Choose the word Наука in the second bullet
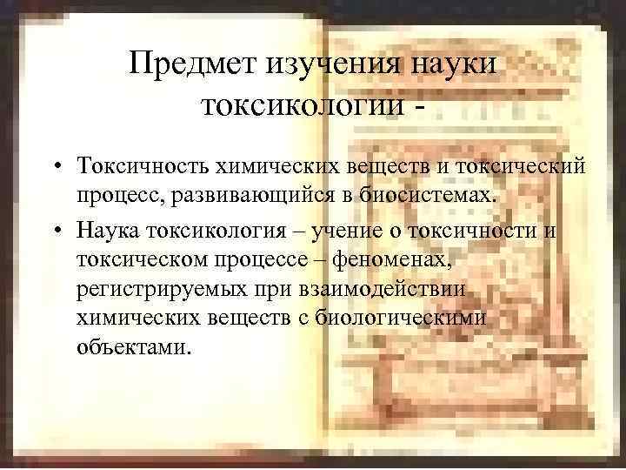pyautogui.click(x=110, y=230)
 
